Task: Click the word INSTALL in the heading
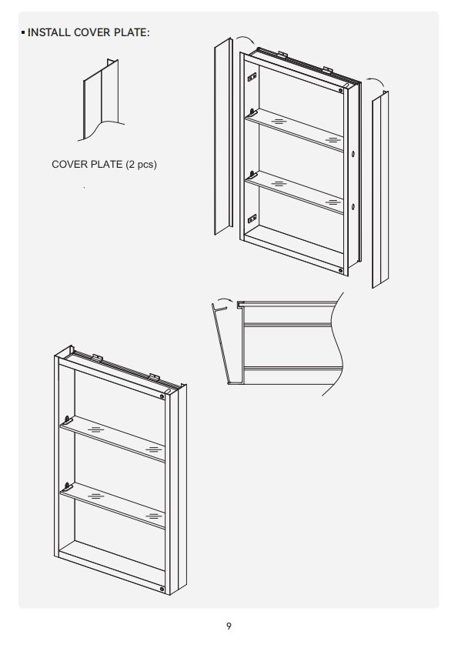(x=48, y=32)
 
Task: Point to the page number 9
(x=229, y=626)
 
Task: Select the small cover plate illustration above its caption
(x=102, y=100)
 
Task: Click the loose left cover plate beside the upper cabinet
(x=223, y=136)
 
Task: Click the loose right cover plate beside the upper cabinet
(x=380, y=189)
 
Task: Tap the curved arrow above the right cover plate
(x=376, y=82)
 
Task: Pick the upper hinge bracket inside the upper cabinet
(x=252, y=77)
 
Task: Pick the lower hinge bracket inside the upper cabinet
(x=252, y=219)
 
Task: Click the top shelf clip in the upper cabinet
(x=253, y=112)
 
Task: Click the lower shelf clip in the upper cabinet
(x=253, y=175)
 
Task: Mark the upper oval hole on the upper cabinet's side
(x=353, y=154)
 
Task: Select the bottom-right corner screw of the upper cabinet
(x=340, y=271)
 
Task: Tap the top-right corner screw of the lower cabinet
(x=162, y=397)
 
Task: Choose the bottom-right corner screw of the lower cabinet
(x=162, y=589)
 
